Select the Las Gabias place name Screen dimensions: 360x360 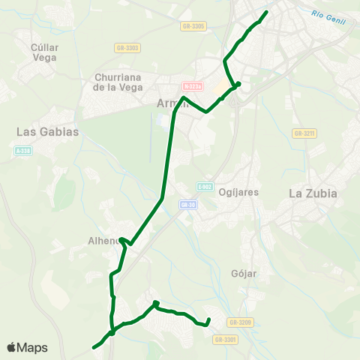click(x=48, y=131)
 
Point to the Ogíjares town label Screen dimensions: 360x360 click(x=238, y=192)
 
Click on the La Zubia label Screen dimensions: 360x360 click(x=313, y=193)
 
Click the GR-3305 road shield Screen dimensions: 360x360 click(x=193, y=26)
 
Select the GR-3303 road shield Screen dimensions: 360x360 click(x=127, y=48)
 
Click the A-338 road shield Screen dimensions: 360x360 click(x=23, y=151)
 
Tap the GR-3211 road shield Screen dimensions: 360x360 click(x=303, y=133)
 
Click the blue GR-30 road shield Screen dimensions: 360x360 click(x=187, y=203)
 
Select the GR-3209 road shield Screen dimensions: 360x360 click(x=241, y=322)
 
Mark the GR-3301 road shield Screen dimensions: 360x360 click(x=225, y=340)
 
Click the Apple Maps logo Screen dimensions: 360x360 click(x=27, y=347)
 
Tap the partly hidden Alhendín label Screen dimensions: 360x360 click(x=103, y=241)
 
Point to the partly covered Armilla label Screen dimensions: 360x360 click(x=167, y=103)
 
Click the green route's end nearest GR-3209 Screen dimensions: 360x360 click(x=208, y=321)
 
